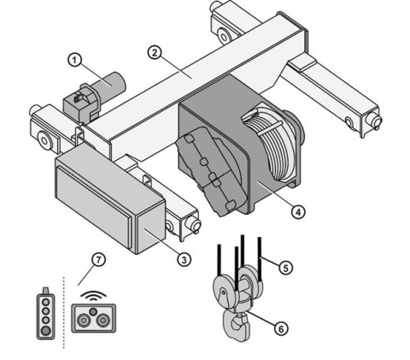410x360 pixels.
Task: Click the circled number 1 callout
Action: pyautogui.click(x=74, y=61)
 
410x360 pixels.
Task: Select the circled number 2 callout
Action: pyautogui.click(x=155, y=53)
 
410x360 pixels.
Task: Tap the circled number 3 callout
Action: pyautogui.click(x=184, y=260)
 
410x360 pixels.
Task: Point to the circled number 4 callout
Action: pyautogui.click(x=298, y=212)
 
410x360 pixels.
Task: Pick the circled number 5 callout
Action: pyautogui.click(x=285, y=268)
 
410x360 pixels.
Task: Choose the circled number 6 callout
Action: pyautogui.click(x=281, y=329)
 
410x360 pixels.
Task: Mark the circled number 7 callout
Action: pyautogui.click(x=98, y=260)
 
